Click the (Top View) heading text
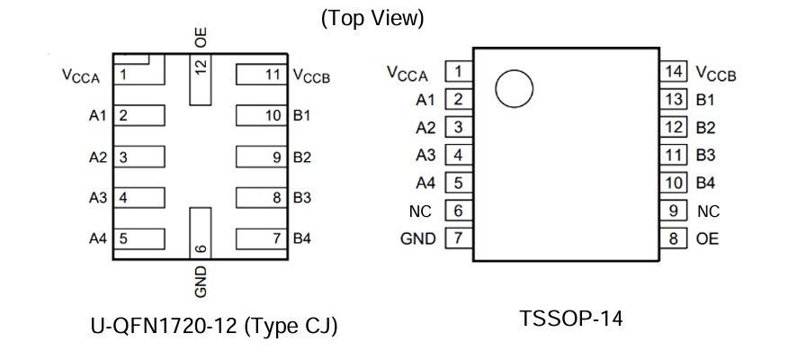tap(372, 18)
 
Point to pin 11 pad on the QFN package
tap(261, 75)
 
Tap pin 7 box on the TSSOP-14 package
tap(459, 238)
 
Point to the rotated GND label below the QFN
tap(201, 281)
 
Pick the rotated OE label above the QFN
tap(201, 37)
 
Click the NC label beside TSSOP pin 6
tap(420, 211)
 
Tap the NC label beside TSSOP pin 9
tap(709, 211)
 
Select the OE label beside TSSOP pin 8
tap(708, 238)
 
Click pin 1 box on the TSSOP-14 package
tap(459, 71)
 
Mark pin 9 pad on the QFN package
tap(261, 157)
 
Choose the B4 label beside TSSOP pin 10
tap(706, 183)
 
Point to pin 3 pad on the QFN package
tap(141, 157)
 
